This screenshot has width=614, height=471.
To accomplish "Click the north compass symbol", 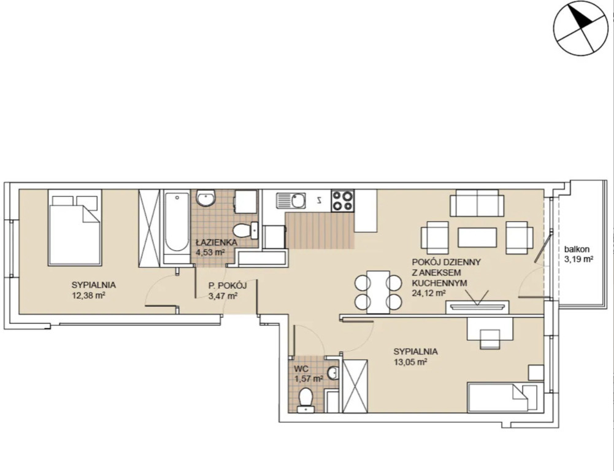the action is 583,28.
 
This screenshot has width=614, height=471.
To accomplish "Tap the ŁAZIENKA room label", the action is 217,242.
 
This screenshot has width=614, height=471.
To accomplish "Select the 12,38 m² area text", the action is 88,295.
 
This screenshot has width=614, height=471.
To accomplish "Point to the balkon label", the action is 577,249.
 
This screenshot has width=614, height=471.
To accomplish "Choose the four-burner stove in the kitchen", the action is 342,201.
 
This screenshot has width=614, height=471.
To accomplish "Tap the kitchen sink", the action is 291,201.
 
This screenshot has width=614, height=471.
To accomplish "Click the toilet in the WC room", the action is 305,400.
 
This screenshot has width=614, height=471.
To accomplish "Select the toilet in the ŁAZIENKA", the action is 245,230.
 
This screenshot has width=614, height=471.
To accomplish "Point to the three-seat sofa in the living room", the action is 477,203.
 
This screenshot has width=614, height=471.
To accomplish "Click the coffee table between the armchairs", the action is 477,237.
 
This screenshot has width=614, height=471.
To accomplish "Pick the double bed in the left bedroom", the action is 75,228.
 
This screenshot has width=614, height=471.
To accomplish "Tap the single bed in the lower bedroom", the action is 505,397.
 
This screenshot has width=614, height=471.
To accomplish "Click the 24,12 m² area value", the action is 429,293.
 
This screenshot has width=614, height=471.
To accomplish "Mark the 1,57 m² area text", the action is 309,378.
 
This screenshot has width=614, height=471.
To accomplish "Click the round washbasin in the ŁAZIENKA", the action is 205,197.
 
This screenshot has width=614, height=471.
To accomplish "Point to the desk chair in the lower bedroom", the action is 490,339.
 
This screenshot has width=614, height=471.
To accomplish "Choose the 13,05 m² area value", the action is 410,362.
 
